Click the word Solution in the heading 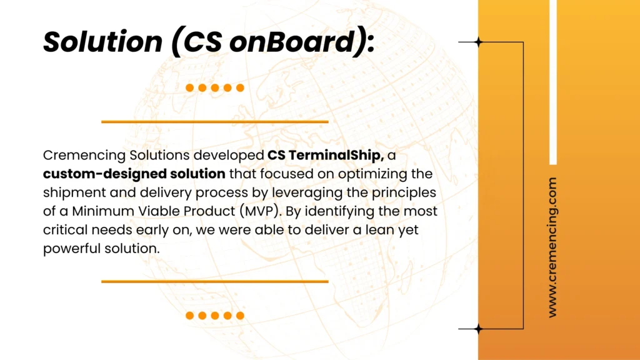pos(103,42)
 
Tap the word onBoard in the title pos(292,42)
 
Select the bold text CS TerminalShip pos(325,156)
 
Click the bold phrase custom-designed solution pos(134,174)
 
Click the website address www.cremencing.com pos(552,247)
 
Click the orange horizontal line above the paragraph pos(215,122)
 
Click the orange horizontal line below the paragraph pos(215,281)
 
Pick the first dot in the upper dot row pos(190,87)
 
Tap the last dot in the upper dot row pos(240,87)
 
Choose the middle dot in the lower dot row pos(215,316)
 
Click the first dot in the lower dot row pos(190,316)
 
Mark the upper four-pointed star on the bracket pos(478,42)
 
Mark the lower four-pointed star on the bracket pos(478,329)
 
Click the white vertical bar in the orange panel pos(553,82)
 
